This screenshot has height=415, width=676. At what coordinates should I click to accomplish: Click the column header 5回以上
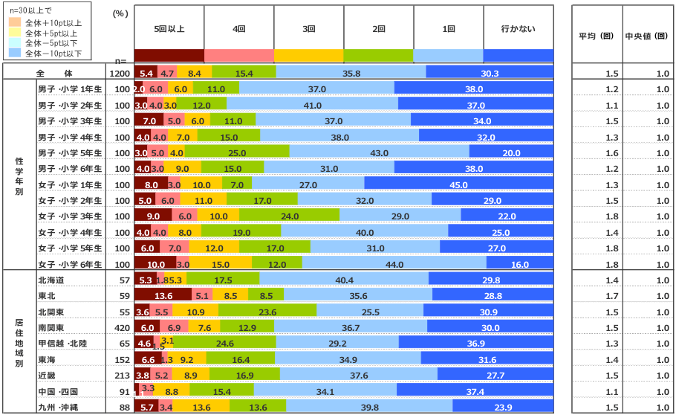point(169,29)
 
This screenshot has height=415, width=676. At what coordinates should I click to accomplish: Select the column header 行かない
point(519,29)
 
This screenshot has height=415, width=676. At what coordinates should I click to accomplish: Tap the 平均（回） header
point(596,35)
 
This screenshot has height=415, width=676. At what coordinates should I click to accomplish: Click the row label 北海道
point(51,280)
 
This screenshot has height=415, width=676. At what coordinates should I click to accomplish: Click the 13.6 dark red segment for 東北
point(163,295)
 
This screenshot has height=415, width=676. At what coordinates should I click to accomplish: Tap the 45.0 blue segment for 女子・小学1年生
point(459,184)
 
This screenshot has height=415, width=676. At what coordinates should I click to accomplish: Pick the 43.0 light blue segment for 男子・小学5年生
point(379,152)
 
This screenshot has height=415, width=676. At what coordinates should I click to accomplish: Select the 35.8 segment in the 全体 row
point(351,73)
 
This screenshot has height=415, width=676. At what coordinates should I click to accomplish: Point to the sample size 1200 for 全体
point(119,73)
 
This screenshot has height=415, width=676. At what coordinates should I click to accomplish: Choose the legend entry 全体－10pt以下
point(52,54)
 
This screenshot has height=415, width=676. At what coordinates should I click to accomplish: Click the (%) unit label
point(120,14)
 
